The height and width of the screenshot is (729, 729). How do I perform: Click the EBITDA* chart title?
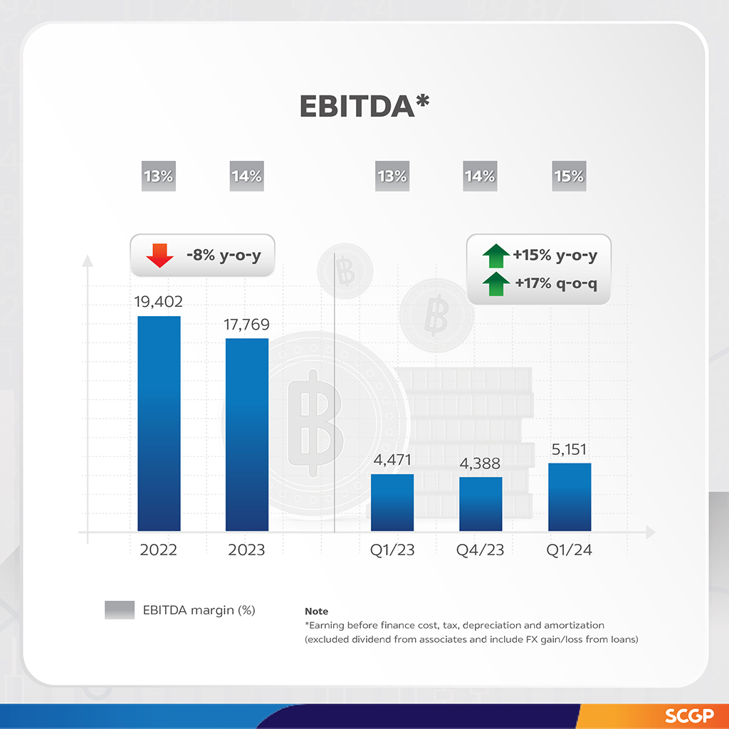pos(364,105)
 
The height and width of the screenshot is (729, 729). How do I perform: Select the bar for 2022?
pos(159,424)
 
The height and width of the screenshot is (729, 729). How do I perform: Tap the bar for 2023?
pos(247,434)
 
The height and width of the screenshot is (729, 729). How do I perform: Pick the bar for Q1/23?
pos(392,503)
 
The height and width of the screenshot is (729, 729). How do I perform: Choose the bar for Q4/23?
pos(481,504)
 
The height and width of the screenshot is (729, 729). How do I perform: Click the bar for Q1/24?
pos(570,497)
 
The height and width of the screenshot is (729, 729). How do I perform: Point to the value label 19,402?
pos(159,302)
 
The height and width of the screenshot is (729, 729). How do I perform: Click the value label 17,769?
pos(246,325)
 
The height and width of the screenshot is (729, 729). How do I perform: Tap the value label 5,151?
pos(569,449)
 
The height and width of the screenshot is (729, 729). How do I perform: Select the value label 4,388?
pos(481,463)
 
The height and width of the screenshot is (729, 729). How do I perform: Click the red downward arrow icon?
pos(159,255)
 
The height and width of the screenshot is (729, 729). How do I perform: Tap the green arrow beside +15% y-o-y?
pos(495,254)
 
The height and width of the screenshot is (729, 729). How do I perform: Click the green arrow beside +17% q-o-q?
pos(495,285)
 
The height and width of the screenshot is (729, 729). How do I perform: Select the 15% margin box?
pos(569,176)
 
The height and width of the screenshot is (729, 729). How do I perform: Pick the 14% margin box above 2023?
pos(246,176)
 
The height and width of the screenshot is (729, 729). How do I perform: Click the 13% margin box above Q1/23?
pos(392,176)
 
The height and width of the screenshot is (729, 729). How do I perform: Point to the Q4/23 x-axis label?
pos(481,550)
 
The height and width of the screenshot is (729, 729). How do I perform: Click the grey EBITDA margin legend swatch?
pos(119,610)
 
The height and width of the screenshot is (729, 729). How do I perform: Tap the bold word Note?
pos(316,612)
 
